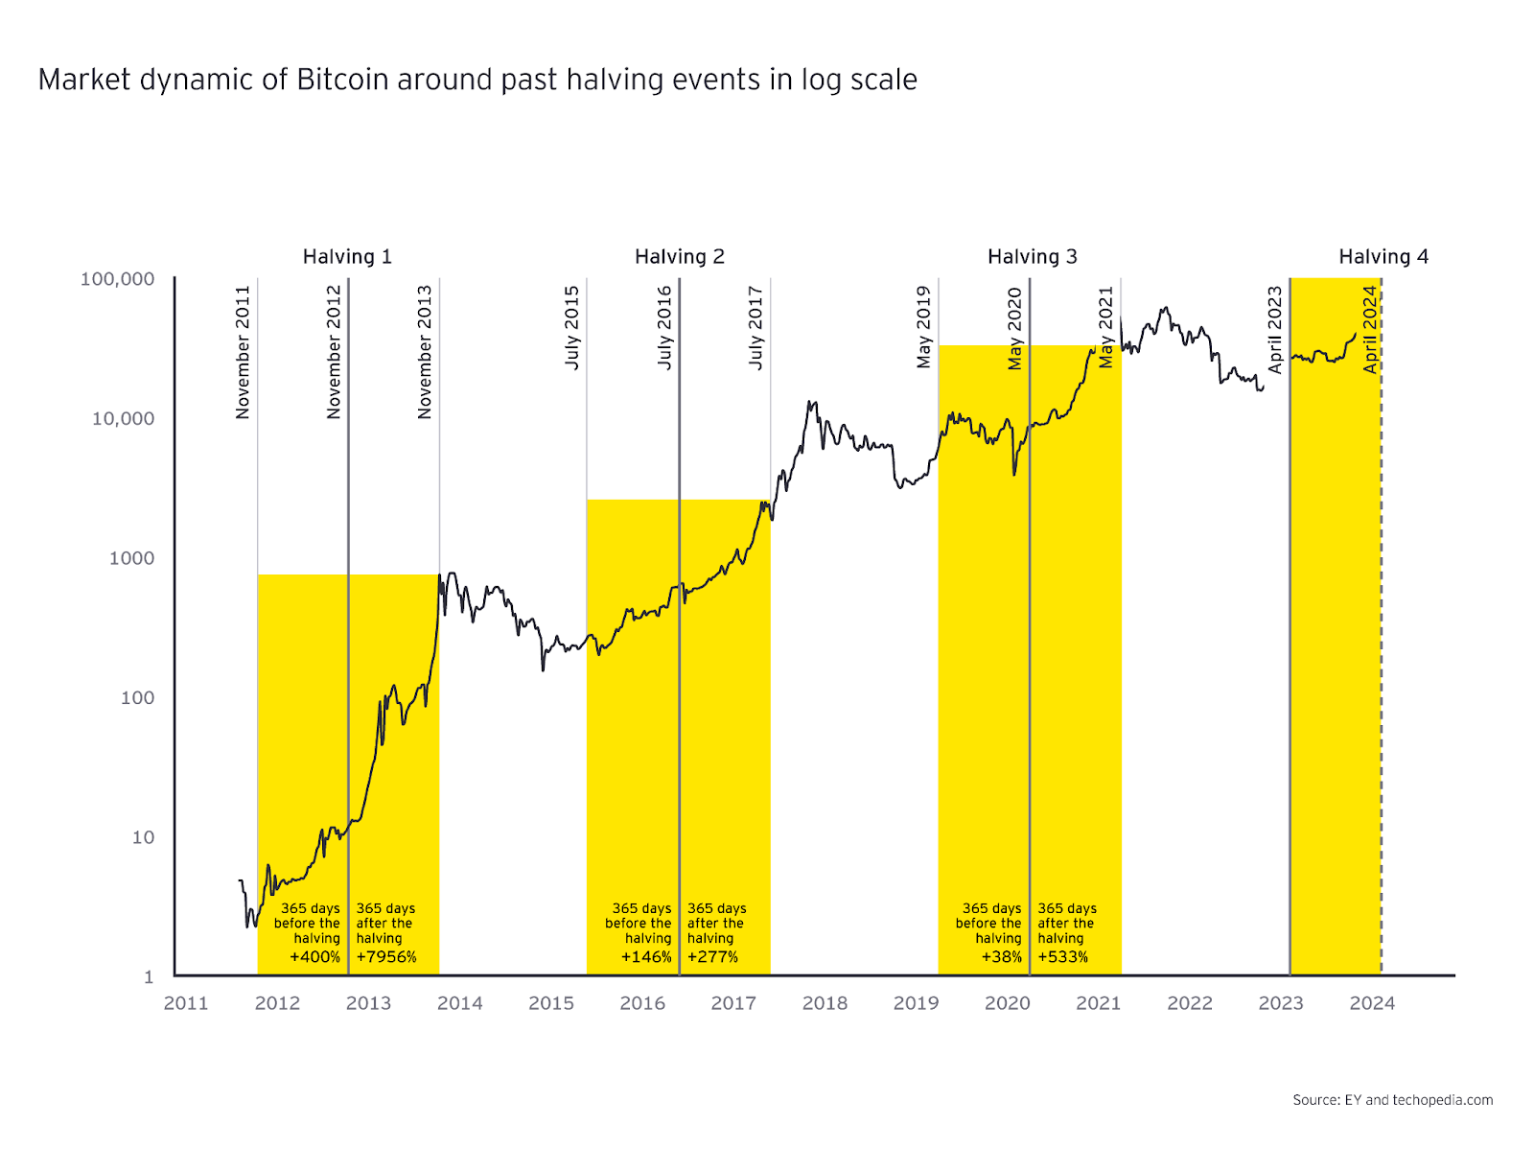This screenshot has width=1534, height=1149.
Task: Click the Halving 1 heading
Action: [347, 257]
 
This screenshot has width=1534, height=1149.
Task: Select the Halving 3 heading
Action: [1032, 257]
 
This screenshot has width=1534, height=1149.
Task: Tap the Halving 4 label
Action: [1383, 257]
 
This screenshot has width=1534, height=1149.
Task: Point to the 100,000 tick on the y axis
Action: [117, 279]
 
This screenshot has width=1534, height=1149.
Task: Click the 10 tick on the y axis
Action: [143, 837]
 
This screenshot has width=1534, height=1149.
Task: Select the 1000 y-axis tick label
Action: [131, 558]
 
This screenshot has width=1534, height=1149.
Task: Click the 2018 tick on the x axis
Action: [825, 1003]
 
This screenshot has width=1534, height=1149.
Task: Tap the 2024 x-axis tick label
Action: [1372, 1003]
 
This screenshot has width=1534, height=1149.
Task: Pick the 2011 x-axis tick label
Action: [186, 1003]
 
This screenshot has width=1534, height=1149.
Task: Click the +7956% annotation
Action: [386, 957]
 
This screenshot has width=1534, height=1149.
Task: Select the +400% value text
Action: [314, 957]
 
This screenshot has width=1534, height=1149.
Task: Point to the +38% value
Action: [1001, 957]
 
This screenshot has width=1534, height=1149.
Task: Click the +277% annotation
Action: [712, 957]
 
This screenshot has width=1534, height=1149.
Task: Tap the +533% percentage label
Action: [1062, 957]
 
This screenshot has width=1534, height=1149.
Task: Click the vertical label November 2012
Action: [334, 352]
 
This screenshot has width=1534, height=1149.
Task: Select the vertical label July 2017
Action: [755, 328]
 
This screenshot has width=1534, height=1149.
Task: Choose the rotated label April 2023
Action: [1275, 330]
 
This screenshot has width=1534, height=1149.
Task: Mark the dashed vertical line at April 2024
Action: [1382, 671]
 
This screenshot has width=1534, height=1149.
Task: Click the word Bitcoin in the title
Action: [342, 80]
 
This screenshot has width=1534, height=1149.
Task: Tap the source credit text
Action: [1392, 1100]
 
